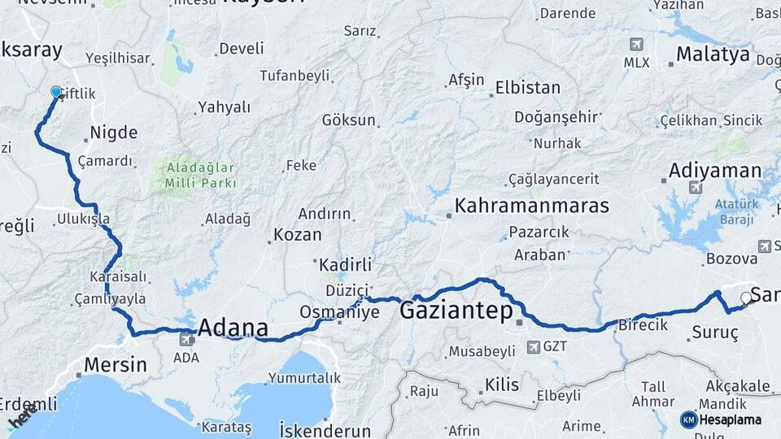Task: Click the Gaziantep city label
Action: [456, 311]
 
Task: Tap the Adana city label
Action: [233, 328]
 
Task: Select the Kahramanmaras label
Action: [531, 206]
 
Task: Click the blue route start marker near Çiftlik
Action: [56, 92]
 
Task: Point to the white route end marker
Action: [745, 298]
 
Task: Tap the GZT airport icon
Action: [533, 347]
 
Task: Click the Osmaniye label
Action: [339, 311]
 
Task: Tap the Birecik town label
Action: [643, 324]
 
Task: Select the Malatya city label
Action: [713, 55]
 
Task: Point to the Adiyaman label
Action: [714, 171]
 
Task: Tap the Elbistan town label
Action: [529, 87]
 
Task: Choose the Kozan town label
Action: [297, 234]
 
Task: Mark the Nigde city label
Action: [113, 132]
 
